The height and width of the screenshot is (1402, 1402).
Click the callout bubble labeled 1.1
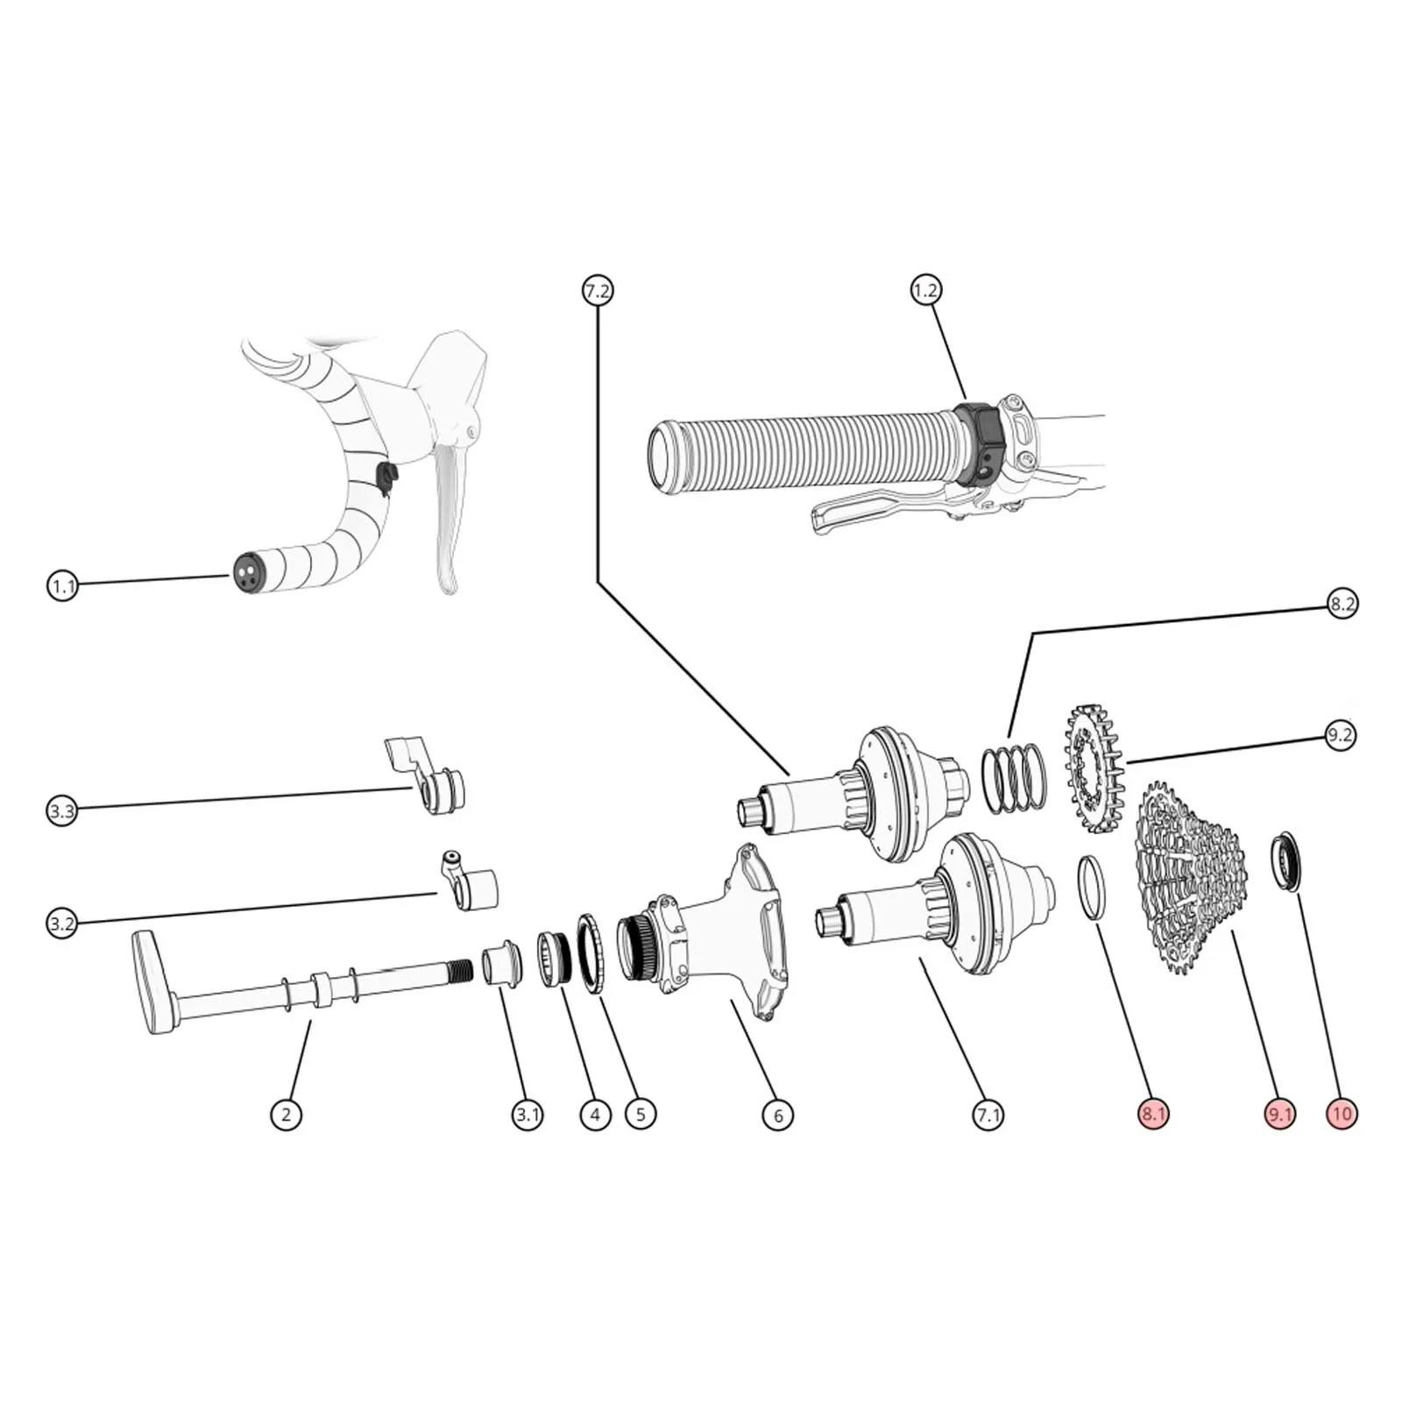(62, 585)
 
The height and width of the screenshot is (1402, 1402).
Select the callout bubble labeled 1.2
(925, 290)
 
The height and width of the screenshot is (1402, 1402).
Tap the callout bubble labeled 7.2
(598, 290)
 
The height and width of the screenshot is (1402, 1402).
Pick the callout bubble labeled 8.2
(1342, 604)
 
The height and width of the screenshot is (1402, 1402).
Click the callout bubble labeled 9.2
(1340, 735)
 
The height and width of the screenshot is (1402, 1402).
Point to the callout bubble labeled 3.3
(62, 811)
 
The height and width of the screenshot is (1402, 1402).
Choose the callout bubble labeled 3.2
(62, 924)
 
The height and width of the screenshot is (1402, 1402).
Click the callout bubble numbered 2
(286, 1115)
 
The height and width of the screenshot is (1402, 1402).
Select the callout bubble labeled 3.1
(528, 1115)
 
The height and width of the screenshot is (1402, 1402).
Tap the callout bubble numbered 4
(596, 1115)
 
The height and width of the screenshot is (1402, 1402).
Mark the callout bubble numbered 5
(641, 1115)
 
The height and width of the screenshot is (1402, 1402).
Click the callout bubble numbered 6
(778, 1115)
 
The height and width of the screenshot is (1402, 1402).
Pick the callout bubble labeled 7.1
(988, 1115)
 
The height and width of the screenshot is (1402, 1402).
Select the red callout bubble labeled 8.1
(1154, 1115)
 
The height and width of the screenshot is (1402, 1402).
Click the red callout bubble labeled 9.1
(1280, 1115)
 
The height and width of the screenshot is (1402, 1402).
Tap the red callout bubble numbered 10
(1342, 1115)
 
